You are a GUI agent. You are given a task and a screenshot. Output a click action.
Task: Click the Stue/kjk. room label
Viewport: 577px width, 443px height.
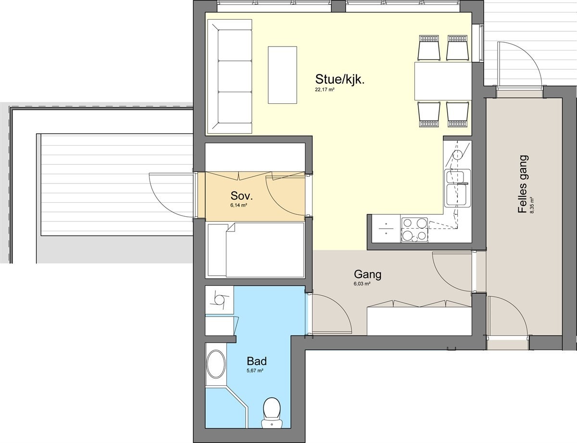(x=339, y=79)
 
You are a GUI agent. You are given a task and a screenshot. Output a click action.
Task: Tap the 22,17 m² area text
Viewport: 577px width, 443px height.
(x=325, y=90)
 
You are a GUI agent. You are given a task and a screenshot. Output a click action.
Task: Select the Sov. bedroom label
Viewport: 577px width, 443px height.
(x=241, y=196)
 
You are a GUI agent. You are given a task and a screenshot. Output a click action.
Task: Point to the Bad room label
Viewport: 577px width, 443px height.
(x=256, y=361)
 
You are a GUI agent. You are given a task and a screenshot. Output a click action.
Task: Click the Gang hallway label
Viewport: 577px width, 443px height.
(x=367, y=275)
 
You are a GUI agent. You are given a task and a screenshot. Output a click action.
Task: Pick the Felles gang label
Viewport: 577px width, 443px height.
(x=523, y=184)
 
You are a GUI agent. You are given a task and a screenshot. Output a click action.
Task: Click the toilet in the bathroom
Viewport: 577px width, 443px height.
(x=272, y=411)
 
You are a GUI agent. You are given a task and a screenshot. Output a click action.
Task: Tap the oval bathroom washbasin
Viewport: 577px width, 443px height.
(x=215, y=364)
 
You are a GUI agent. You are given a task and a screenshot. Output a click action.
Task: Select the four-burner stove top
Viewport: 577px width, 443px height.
(x=414, y=230)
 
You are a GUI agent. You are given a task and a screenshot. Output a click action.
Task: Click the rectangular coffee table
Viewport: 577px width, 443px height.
(x=283, y=74)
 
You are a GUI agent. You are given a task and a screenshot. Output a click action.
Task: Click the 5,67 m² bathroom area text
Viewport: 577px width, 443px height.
(x=254, y=370)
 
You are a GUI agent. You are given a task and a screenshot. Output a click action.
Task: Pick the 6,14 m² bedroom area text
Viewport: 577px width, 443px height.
(x=238, y=205)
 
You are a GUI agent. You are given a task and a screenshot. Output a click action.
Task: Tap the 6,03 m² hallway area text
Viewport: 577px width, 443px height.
(x=362, y=284)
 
